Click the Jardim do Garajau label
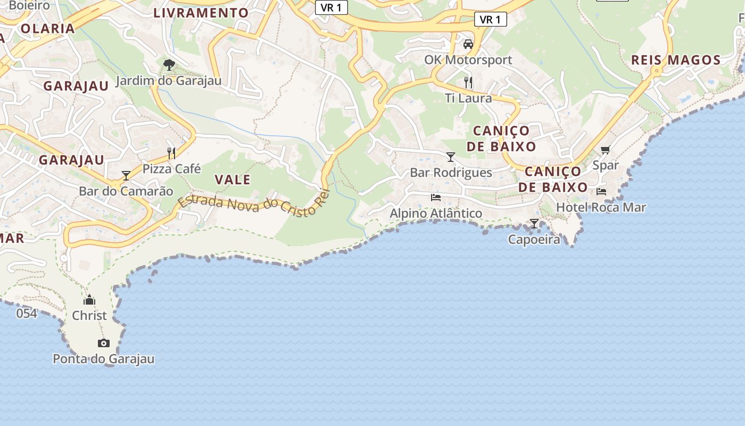(x=168, y=81)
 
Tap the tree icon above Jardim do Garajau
(x=169, y=65)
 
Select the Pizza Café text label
(x=171, y=169)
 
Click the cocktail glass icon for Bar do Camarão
(x=126, y=175)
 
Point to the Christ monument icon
(x=89, y=300)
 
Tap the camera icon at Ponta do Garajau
(x=104, y=343)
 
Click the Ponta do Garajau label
(x=104, y=359)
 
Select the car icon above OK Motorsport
(x=468, y=44)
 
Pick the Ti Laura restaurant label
(x=468, y=98)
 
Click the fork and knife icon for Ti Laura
(x=468, y=82)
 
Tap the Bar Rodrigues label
(x=451, y=173)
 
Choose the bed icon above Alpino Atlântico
(x=436, y=198)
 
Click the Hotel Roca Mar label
(x=601, y=207)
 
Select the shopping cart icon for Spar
(x=605, y=150)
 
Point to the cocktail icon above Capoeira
(x=534, y=224)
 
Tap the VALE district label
(x=233, y=179)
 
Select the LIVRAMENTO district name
(x=201, y=13)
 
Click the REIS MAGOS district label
(x=675, y=60)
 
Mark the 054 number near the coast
(x=27, y=313)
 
